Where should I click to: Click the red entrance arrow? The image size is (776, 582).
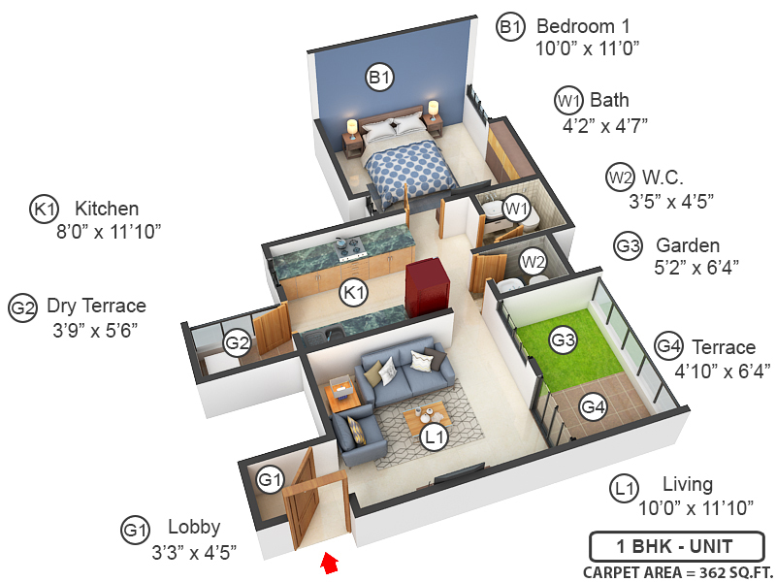[331, 561]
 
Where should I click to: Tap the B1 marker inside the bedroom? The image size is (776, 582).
[379, 77]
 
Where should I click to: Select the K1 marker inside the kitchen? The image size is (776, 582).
[354, 291]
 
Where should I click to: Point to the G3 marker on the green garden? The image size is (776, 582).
[564, 340]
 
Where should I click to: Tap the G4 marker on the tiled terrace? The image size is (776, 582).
[594, 408]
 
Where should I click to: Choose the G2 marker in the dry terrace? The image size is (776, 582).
[238, 342]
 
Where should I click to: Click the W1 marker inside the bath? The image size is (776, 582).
[515, 208]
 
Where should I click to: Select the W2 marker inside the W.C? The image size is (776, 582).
[533, 261]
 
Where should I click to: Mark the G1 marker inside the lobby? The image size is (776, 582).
[271, 479]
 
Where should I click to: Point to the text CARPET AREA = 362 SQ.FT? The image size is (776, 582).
[675, 571]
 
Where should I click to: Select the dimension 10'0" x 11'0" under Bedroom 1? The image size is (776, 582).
[587, 48]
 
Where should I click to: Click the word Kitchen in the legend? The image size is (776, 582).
[107, 209]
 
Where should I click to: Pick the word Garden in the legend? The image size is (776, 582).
[688, 245]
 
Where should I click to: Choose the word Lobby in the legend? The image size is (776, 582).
[194, 528]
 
